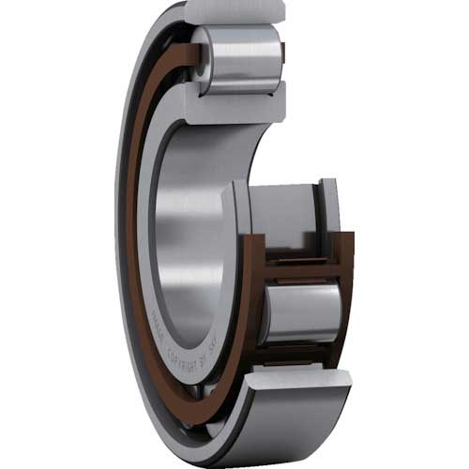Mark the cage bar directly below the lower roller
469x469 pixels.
(300, 351)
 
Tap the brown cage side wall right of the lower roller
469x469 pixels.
(347, 310)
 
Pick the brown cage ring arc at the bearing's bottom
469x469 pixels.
(188, 394)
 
